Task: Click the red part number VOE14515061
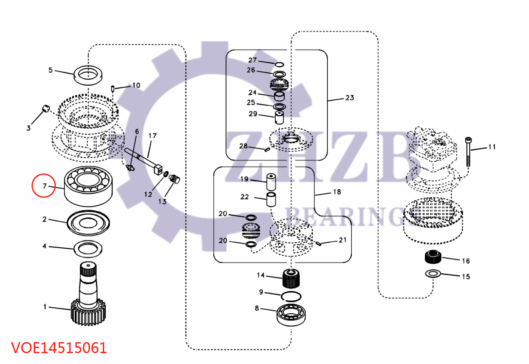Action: [x=59, y=348]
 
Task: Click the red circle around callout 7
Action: [x=44, y=186]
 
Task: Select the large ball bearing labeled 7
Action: [x=89, y=185]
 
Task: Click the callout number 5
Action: [x=50, y=70]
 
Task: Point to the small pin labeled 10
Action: [x=113, y=88]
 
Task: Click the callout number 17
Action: [x=152, y=136]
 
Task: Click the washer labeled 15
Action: [x=432, y=274]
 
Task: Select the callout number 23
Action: [x=349, y=98]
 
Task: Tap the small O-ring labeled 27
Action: [x=279, y=64]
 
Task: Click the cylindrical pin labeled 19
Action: [x=271, y=181]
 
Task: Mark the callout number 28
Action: [x=244, y=146]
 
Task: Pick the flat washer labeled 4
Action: [x=88, y=249]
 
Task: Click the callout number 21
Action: [x=343, y=240]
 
